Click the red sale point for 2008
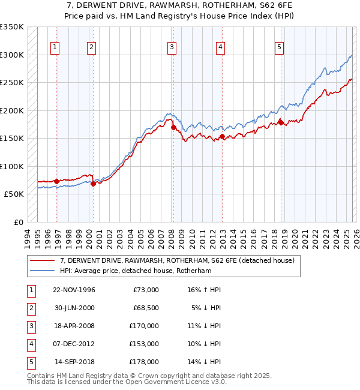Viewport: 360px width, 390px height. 173,127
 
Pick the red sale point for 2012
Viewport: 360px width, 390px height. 221,137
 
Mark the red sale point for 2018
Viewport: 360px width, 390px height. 280,122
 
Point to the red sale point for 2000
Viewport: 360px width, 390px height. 93,184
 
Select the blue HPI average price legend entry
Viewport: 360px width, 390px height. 144,271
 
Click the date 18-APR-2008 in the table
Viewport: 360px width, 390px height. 74,326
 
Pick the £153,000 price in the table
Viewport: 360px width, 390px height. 144,344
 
